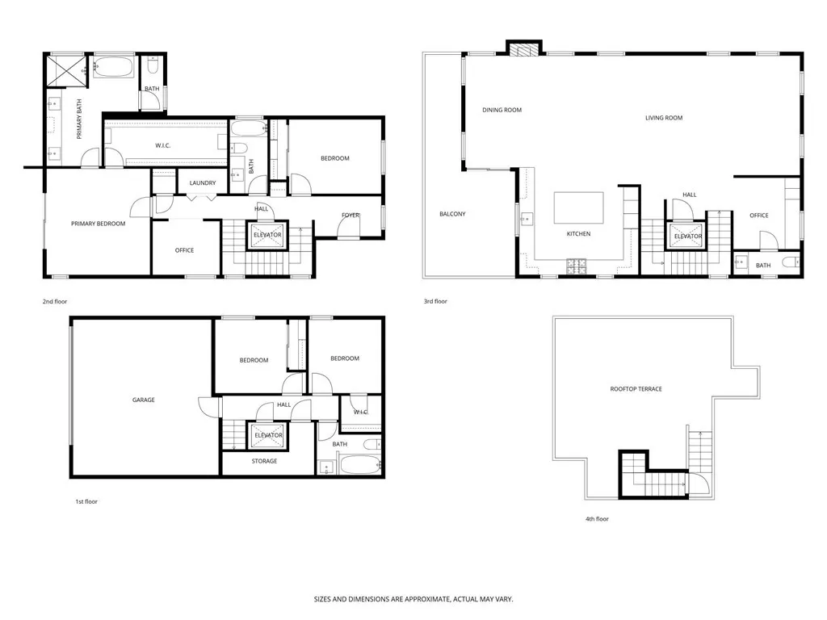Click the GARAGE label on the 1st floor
[144, 400]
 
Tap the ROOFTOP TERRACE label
[636, 389]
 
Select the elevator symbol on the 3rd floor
[687, 236]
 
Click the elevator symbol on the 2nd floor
[267, 235]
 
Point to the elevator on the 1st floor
[268, 435]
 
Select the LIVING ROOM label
[663, 118]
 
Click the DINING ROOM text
[502, 110]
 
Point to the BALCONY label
[451, 214]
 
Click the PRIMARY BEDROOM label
[98, 224]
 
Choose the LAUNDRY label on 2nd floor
[203, 183]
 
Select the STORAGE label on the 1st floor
[264, 461]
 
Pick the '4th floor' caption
[596, 519]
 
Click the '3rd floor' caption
[435, 301]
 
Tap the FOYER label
[350, 216]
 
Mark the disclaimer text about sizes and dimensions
[413, 600]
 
